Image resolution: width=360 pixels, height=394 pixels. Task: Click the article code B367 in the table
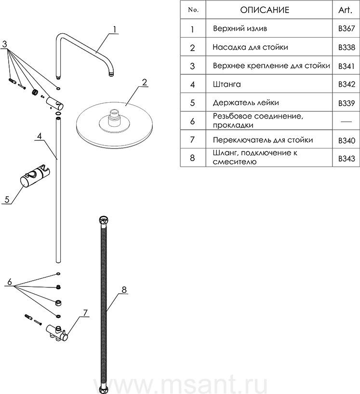[x=347, y=29]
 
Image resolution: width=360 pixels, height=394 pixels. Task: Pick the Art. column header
[x=347, y=10]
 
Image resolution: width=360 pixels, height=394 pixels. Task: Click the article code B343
[x=347, y=158]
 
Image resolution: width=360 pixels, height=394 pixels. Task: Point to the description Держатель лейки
[x=245, y=103]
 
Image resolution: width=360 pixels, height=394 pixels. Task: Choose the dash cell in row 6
[x=346, y=121]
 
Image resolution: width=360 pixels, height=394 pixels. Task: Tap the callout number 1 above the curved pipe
[x=115, y=29]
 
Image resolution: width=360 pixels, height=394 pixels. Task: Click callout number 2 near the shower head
[x=144, y=82]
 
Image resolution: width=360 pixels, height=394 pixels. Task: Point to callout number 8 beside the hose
[x=124, y=289]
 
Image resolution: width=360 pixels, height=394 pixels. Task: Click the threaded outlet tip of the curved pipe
[x=111, y=74]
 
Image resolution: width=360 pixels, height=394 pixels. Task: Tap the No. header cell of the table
[x=192, y=10]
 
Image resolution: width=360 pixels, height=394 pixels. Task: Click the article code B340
[x=347, y=140]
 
